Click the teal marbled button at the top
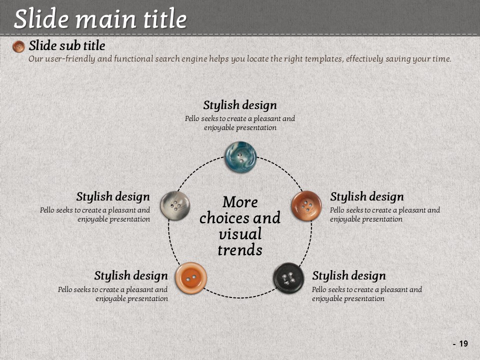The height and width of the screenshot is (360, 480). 240,156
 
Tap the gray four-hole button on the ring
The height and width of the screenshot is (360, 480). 175,205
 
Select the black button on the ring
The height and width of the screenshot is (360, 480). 288,278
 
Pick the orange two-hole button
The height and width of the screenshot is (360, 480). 191,278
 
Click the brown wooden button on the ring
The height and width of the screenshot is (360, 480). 306,205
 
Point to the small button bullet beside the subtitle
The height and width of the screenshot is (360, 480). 18,46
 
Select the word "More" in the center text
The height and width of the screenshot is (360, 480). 240,202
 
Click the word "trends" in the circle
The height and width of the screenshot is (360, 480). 240,250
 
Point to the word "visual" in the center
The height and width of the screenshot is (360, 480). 240,234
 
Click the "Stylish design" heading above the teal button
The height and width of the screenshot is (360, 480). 240,105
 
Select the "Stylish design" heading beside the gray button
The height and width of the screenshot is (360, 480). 113,197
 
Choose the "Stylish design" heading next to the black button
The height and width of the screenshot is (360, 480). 349,276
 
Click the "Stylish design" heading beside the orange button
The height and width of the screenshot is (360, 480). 131,276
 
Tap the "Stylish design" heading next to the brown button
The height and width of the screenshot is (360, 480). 366,197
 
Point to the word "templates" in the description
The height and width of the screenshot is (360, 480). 324,59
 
